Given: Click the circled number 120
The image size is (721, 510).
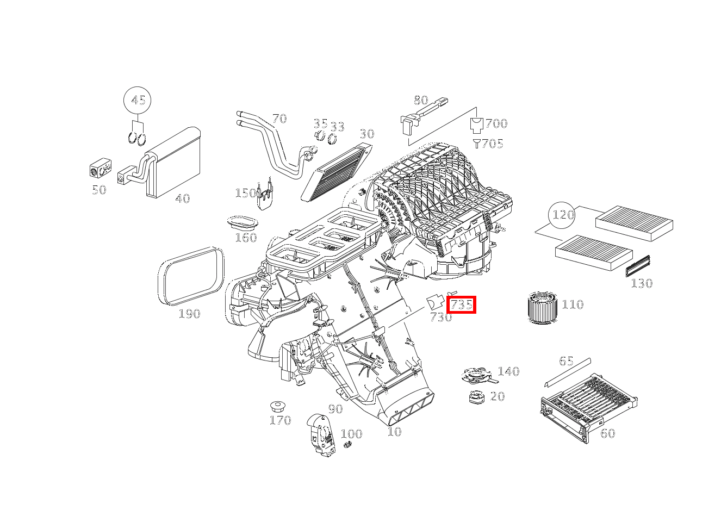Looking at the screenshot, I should [563, 215].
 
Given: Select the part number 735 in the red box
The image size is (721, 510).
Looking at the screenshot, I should [461, 304].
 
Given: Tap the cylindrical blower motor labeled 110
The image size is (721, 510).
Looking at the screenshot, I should [543, 308].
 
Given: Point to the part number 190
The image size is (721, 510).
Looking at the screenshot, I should [189, 314].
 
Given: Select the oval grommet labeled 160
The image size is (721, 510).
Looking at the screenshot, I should [243, 223].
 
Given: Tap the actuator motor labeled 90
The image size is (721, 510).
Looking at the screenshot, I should [319, 432].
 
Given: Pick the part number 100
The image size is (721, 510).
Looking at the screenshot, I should [351, 434].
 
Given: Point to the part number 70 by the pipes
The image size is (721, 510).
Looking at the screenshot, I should [279, 119].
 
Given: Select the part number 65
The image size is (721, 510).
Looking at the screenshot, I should [566, 361].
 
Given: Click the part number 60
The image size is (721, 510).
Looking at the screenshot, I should [607, 433].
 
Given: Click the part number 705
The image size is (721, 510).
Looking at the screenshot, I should [492, 144].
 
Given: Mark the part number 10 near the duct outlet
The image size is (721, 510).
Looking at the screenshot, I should [394, 432].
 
